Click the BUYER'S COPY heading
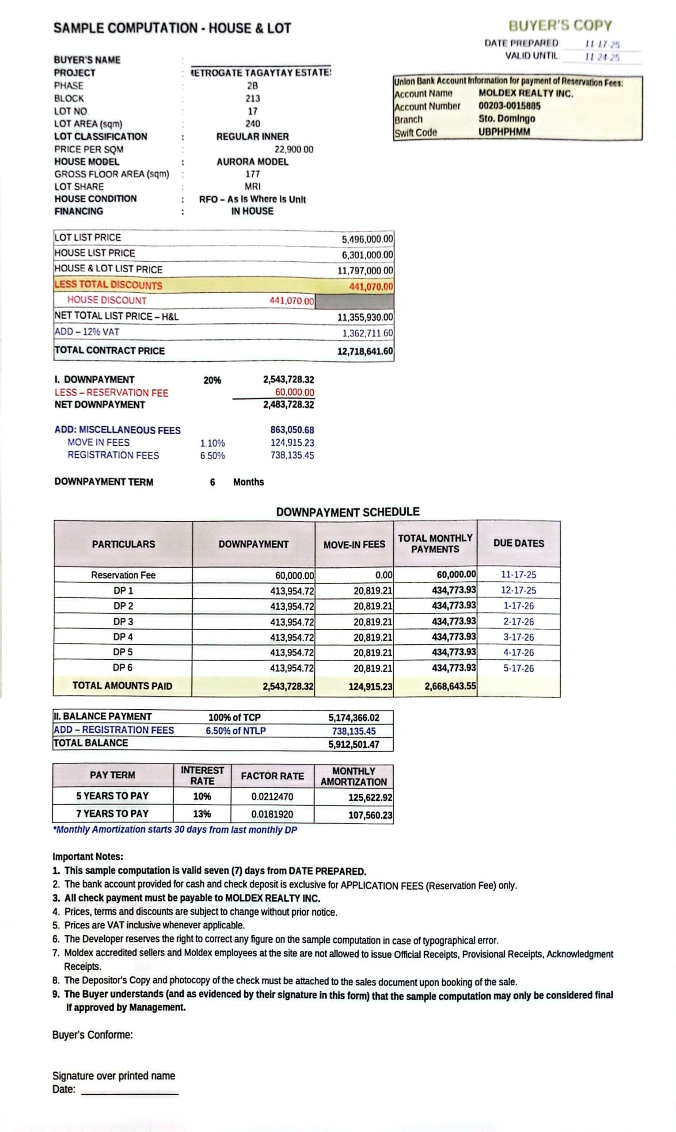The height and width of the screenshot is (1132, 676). pos(560,26)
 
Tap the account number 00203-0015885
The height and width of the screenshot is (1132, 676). pos(509,106)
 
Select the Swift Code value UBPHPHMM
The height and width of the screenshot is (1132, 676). pos(504,132)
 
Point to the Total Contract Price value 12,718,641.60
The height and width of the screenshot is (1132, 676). pos(365,351)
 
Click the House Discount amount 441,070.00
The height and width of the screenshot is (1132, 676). pos(292,301)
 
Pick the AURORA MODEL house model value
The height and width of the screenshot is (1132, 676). pos(252,162)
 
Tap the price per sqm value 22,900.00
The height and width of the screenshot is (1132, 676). pos(294,149)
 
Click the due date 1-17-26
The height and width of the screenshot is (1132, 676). pos(518,606)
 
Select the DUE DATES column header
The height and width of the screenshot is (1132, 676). pos(518,543)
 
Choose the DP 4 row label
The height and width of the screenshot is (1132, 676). pos(123,637)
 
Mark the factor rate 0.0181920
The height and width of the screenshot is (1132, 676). pos(272,814)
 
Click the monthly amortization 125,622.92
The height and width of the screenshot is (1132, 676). pos(370,797)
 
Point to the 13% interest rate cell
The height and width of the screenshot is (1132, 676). pos(202,814)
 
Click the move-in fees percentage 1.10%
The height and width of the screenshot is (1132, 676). pos(212,443)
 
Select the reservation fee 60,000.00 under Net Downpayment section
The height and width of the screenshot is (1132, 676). pos(294,393)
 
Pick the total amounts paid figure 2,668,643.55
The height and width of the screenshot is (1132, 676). pos(450,686)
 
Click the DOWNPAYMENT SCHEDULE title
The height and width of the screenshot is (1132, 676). pos(348,512)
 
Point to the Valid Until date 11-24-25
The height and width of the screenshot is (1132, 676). pos(602,57)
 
